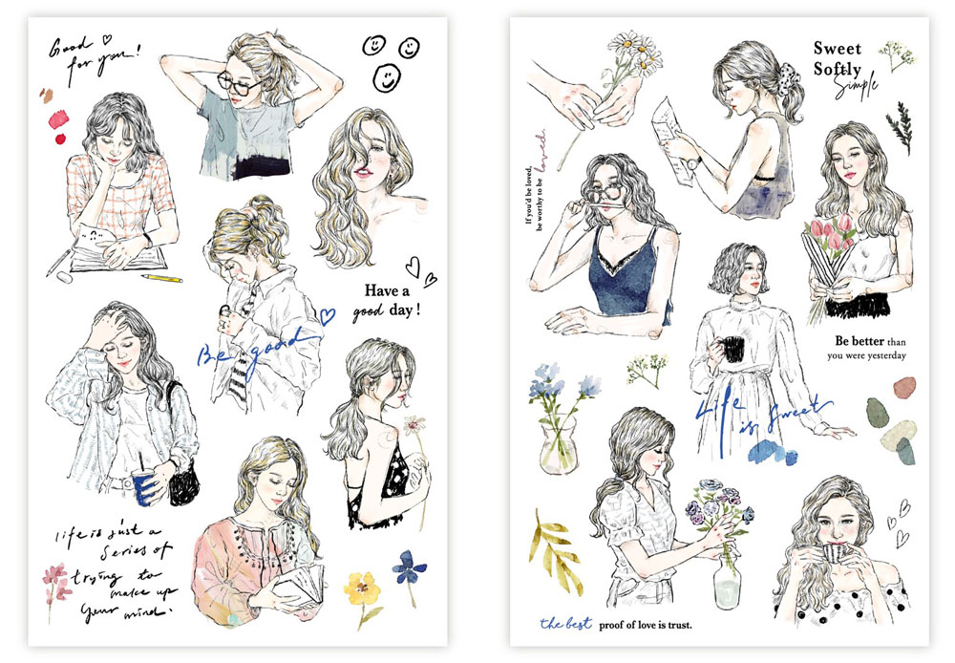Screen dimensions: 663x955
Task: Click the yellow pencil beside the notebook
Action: coord(161,279)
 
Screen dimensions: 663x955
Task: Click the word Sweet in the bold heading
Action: coord(837,48)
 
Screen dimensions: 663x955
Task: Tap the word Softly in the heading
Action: coord(837,69)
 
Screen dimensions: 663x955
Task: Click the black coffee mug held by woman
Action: coord(732,349)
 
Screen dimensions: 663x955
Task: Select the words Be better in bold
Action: coord(858,341)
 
